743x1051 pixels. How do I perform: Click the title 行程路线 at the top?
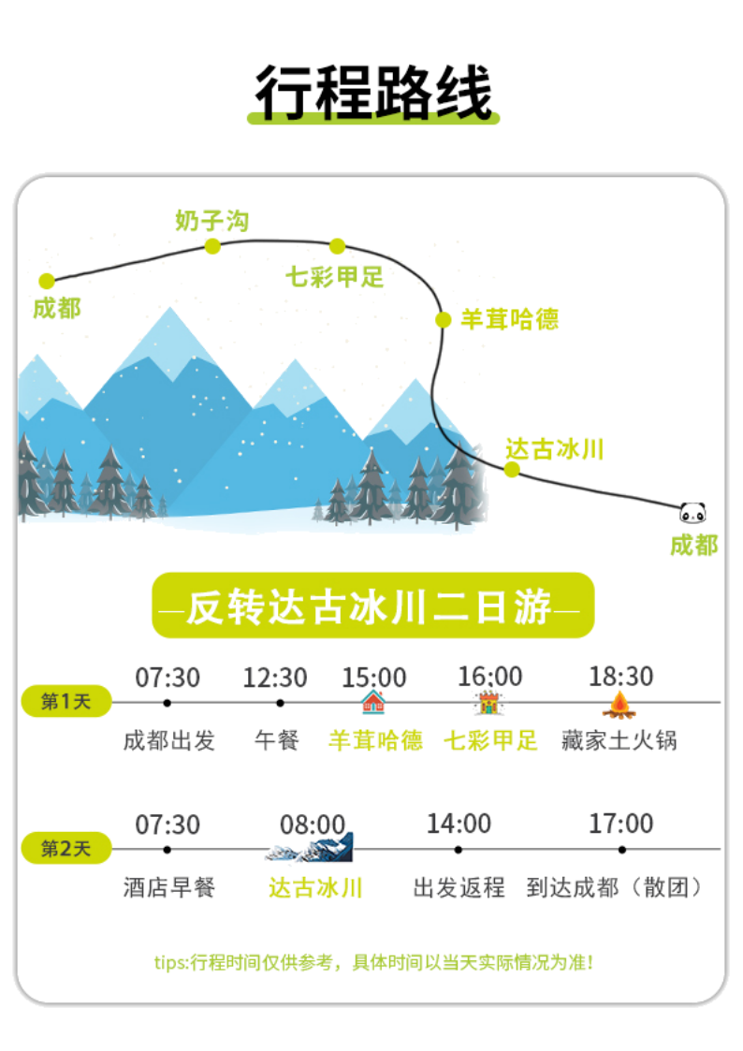click(373, 92)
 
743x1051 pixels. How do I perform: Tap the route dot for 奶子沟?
click(212, 246)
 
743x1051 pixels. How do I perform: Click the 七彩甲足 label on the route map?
click(335, 276)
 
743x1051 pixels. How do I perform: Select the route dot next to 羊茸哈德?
click(443, 319)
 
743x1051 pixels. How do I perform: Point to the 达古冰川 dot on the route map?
click(511, 469)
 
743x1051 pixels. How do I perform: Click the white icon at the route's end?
click(693, 511)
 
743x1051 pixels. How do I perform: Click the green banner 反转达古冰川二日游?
click(372, 606)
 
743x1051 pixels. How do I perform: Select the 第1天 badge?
click(66, 701)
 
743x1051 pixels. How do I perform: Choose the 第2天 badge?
click(66, 848)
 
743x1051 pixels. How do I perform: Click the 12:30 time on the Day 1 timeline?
click(275, 676)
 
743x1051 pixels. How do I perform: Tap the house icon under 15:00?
click(372, 701)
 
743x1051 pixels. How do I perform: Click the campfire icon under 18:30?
click(619, 702)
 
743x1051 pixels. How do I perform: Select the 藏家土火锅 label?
click(619, 740)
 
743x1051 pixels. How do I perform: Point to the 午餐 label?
click(277, 740)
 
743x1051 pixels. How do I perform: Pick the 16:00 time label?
click(489, 676)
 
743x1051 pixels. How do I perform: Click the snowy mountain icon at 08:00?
click(312, 847)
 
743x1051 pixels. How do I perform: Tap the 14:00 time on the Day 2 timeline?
click(459, 824)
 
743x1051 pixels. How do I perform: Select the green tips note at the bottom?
click(372, 962)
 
